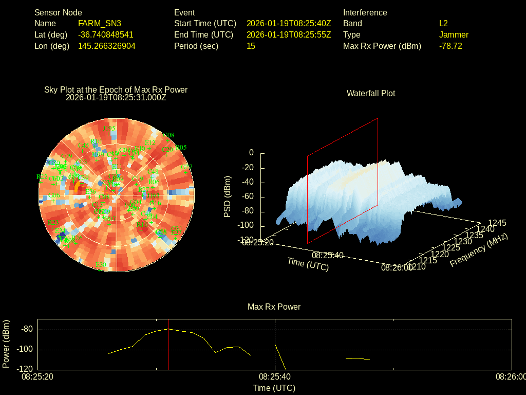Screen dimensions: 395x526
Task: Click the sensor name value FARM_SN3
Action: click(x=100, y=23)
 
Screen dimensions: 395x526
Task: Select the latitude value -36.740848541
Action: click(x=105, y=34)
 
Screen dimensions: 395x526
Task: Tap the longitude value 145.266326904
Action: click(x=107, y=46)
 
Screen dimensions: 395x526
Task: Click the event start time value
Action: click(x=289, y=23)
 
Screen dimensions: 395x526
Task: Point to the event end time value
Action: click(x=289, y=34)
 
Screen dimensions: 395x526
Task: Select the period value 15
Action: click(x=251, y=46)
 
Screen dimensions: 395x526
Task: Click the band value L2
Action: click(x=444, y=23)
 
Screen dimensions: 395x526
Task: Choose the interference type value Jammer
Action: click(x=454, y=34)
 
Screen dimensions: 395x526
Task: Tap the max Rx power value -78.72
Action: click(x=450, y=46)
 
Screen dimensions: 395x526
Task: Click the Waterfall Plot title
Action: click(x=371, y=93)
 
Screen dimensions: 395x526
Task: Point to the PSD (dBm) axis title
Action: click(x=228, y=196)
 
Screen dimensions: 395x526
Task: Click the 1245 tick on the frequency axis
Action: click(x=497, y=223)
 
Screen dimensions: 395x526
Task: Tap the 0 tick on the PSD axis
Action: click(x=251, y=153)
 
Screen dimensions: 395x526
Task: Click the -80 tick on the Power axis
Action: click(x=27, y=330)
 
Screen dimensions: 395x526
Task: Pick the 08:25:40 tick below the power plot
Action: click(x=275, y=376)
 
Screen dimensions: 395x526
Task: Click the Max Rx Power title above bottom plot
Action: click(x=274, y=307)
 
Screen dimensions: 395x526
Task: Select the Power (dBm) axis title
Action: click(x=6, y=344)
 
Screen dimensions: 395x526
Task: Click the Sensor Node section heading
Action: click(x=58, y=12)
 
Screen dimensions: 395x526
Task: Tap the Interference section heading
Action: click(x=365, y=12)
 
